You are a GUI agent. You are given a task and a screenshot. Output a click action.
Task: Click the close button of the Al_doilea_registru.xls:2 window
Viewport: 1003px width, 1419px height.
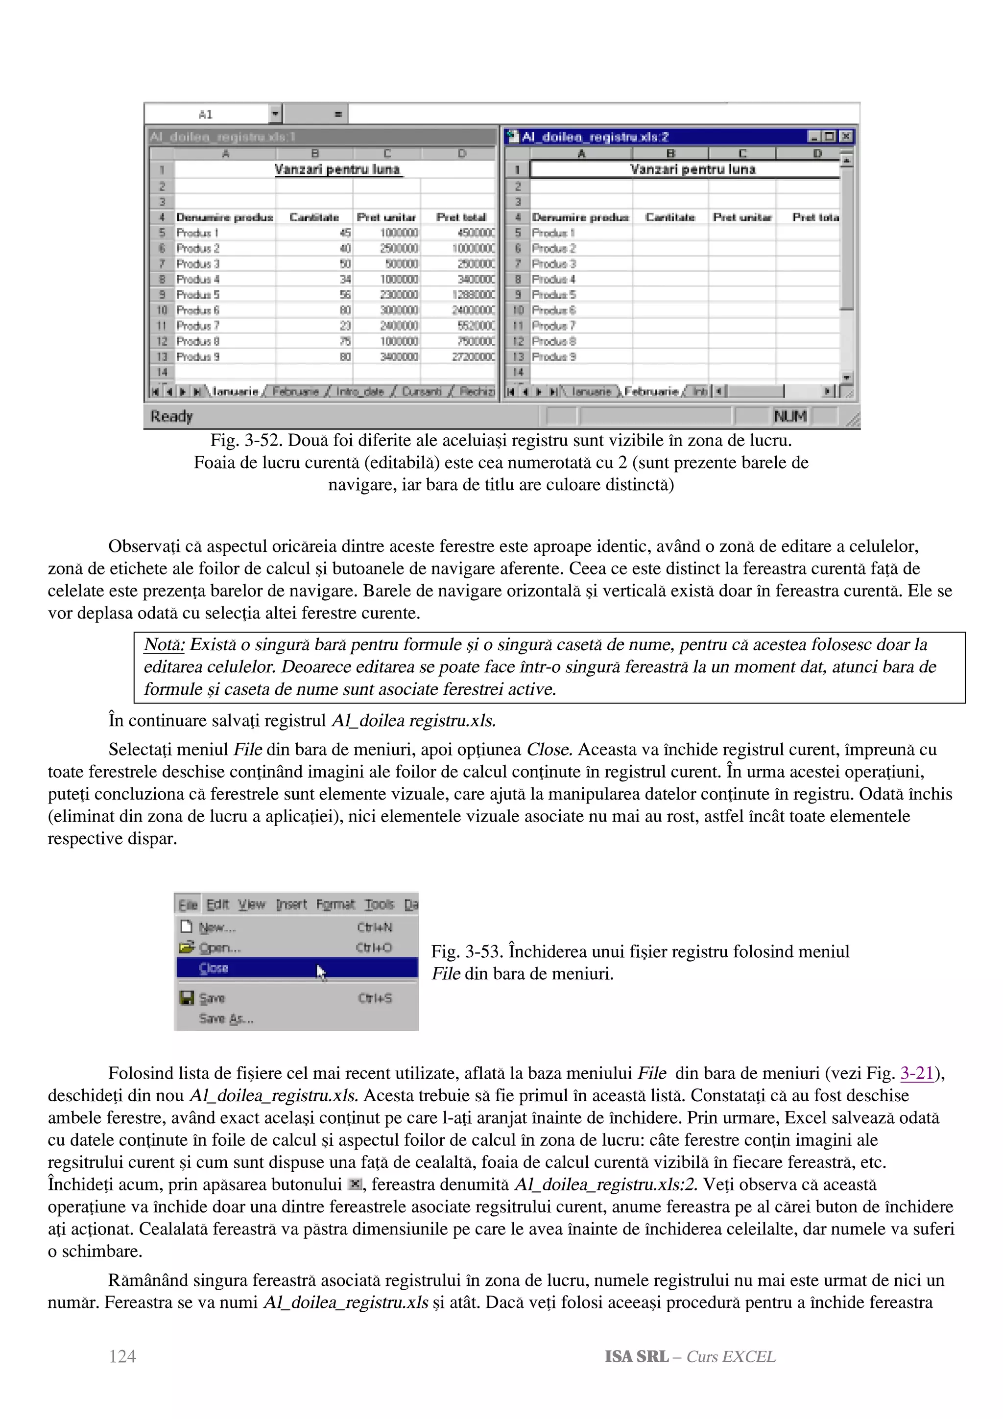click(x=846, y=137)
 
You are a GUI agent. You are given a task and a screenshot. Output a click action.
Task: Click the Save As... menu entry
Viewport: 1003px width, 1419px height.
click(x=226, y=1018)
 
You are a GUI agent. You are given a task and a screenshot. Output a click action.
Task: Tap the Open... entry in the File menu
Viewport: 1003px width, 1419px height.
click(x=219, y=947)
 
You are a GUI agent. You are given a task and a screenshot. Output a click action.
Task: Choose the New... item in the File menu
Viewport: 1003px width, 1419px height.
click(x=217, y=927)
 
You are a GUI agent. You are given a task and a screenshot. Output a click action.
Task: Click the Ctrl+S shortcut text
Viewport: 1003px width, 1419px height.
click(x=375, y=998)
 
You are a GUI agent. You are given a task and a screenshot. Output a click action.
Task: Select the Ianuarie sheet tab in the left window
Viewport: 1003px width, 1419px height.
click(x=236, y=391)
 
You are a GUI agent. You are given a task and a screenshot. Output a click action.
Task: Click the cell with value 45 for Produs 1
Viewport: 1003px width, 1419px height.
click(x=345, y=233)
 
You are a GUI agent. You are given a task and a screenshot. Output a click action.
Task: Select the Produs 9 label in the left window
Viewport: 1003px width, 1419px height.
click(x=198, y=356)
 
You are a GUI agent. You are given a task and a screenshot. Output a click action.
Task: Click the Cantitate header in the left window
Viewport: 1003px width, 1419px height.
click(x=314, y=217)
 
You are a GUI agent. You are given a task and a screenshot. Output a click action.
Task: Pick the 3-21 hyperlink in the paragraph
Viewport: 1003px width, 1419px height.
click(x=916, y=1073)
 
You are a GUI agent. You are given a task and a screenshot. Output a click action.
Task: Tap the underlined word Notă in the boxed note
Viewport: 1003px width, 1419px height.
click(x=164, y=644)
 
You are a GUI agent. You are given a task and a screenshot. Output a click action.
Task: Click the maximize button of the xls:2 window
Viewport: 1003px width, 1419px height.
click(x=830, y=137)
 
